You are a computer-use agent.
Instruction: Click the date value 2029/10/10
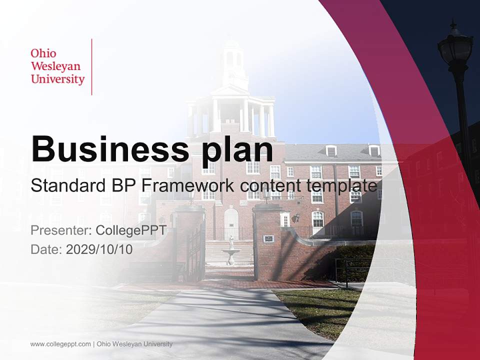pyautogui.click(x=99, y=249)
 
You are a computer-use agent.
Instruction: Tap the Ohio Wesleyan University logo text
pyautogui.click(x=57, y=66)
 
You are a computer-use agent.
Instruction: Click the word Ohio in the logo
pyautogui.click(x=43, y=53)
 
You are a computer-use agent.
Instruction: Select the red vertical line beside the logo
pyautogui.click(x=92, y=66)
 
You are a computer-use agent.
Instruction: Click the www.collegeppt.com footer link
pyautogui.click(x=60, y=344)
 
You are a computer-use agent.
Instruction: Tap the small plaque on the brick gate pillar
pyautogui.click(x=268, y=238)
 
